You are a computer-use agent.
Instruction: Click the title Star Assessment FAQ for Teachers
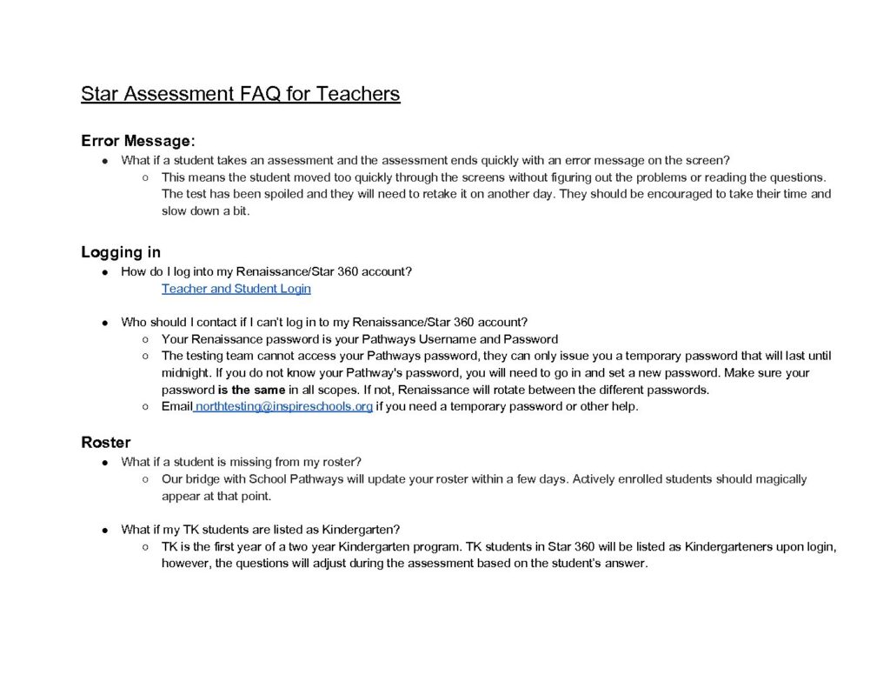click(x=240, y=94)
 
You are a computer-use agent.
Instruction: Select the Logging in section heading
click(x=121, y=252)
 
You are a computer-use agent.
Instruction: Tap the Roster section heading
click(x=106, y=442)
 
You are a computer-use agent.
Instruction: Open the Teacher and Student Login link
click(x=236, y=289)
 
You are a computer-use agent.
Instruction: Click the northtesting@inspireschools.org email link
click(x=284, y=406)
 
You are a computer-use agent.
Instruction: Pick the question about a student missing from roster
click(x=241, y=462)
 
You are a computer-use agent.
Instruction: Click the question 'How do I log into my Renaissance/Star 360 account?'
click(x=266, y=271)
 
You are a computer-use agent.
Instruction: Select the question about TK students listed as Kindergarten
click(x=260, y=529)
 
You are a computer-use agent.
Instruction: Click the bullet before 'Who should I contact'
click(x=104, y=323)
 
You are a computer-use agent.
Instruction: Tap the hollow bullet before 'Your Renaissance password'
click(x=145, y=339)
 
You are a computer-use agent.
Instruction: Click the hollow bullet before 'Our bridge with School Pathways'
click(x=145, y=479)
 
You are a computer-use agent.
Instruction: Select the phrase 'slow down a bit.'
click(x=205, y=210)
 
